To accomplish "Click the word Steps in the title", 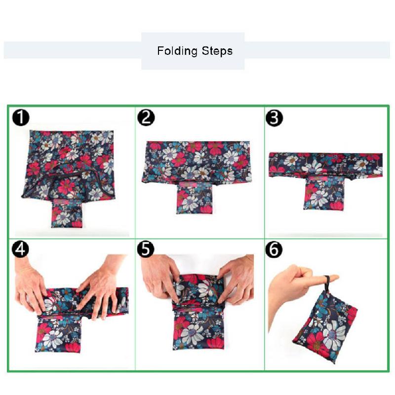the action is pos(217,51).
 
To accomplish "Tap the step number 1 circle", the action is pos(21,117).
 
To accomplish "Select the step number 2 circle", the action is pos(146,118).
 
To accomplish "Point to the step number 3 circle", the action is pos(275,118).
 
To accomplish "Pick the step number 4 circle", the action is pos(20,249).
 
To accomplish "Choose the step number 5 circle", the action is pos(146,249).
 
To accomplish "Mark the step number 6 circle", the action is pos(274,249).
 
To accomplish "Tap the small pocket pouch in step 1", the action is pos(67,213).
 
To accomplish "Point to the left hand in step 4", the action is pos(30,286).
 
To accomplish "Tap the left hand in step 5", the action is pos(161,277).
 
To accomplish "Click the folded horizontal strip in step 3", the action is pos(326,165).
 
